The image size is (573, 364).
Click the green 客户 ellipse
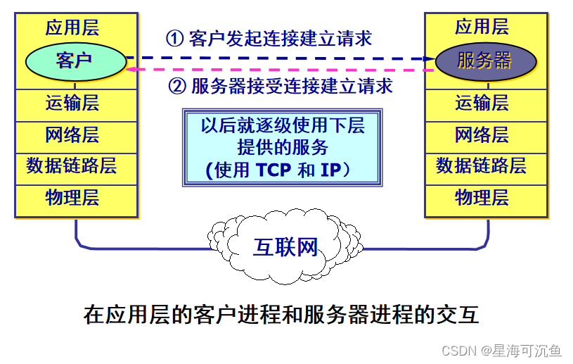74,60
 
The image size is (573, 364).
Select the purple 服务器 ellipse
484,60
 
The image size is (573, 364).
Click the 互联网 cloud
285,246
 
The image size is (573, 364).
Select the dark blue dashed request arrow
281,58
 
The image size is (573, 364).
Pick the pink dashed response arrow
281,70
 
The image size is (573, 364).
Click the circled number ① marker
174,37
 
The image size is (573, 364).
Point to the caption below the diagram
281,314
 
